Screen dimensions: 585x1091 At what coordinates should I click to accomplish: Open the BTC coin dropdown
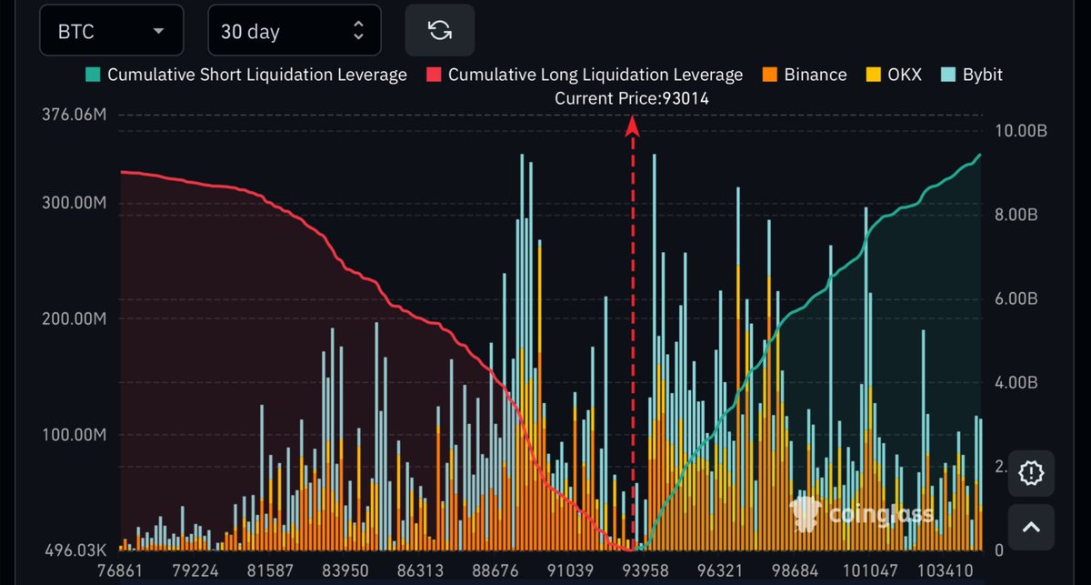[x=111, y=31]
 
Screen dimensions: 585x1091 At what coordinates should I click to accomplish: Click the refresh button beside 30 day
[x=440, y=30]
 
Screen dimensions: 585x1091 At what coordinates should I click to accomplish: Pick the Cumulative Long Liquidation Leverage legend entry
[x=586, y=75]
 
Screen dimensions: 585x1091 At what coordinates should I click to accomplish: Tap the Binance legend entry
[x=805, y=75]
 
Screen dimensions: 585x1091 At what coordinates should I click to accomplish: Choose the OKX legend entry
[x=893, y=75]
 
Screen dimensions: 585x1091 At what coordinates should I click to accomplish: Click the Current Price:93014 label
[x=632, y=98]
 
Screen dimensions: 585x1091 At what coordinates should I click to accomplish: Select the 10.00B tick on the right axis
[x=1022, y=131]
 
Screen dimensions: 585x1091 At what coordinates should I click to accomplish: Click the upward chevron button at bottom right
[x=1031, y=527]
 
